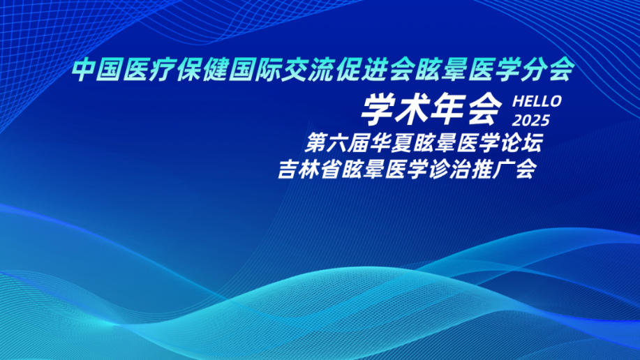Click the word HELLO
(537, 102)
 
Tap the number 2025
(531, 121)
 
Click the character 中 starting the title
(84, 69)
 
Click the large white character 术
(413, 109)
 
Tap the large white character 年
(449, 109)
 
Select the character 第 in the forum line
(316, 143)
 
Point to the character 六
(338, 143)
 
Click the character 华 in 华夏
(380, 143)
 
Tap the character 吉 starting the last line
(288, 169)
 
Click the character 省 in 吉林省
(331, 169)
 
